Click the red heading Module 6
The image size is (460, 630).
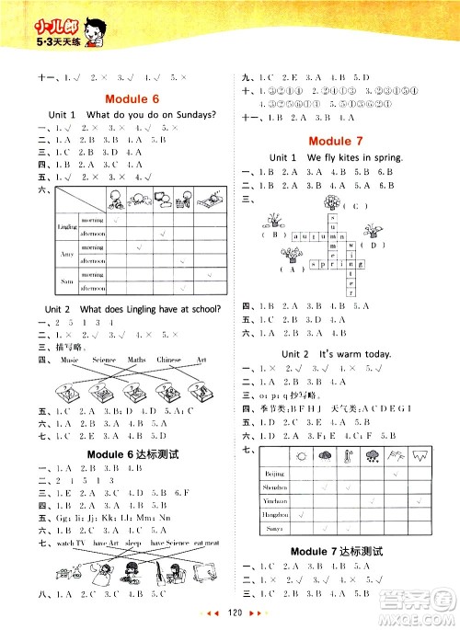coord(132,97)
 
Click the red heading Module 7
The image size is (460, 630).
coord(341,140)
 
